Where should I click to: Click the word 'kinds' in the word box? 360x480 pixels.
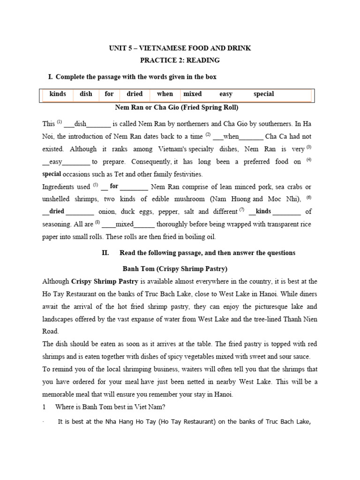click(x=58, y=94)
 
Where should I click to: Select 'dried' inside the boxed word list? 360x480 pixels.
click(x=135, y=94)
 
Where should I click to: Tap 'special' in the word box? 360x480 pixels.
click(x=263, y=94)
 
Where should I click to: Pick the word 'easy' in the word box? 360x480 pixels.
click(x=226, y=94)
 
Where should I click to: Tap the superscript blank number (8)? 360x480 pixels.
click(x=97, y=223)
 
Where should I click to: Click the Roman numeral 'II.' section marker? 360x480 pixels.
click(x=105, y=253)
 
